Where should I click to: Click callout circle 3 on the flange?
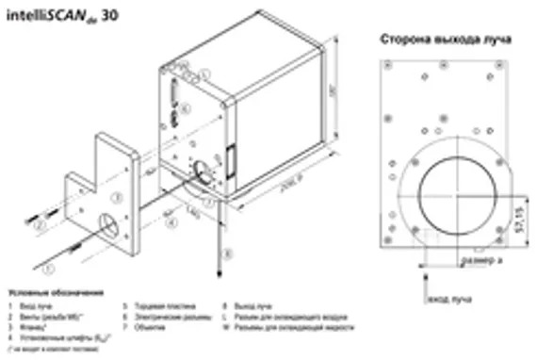[117, 197]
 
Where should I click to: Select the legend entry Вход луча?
[37, 306]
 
